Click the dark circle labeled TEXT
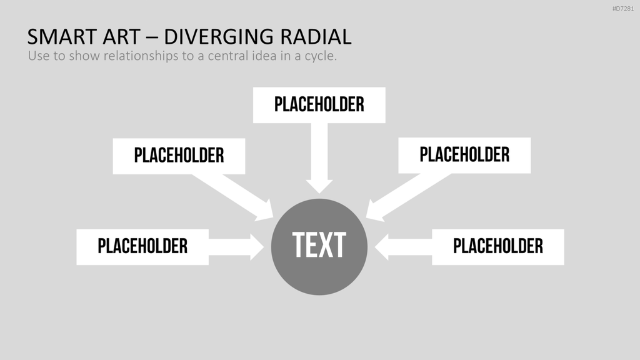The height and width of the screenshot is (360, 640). (319, 247)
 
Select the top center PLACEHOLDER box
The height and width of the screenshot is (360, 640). (319, 105)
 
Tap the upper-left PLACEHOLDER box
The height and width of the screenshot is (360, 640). (179, 156)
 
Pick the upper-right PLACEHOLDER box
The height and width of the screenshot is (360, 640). (464, 156)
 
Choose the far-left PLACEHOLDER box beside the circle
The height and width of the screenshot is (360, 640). (142, 247)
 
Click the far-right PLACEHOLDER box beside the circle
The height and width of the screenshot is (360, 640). (498, 247)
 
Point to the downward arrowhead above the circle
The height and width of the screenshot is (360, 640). (319, 186)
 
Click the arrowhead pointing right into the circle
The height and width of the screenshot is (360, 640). (257, 247)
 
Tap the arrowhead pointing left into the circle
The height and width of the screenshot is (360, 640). (381, 247)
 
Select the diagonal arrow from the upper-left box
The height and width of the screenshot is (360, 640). (232, 197)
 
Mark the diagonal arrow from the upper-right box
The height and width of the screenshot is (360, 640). (408, 197)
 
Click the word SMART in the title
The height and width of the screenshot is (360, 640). (62, 37)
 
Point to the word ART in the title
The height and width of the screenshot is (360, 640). (121, 37)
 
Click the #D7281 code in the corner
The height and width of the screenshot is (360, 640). (623, 9)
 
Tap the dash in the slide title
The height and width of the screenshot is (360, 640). (152, 37)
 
